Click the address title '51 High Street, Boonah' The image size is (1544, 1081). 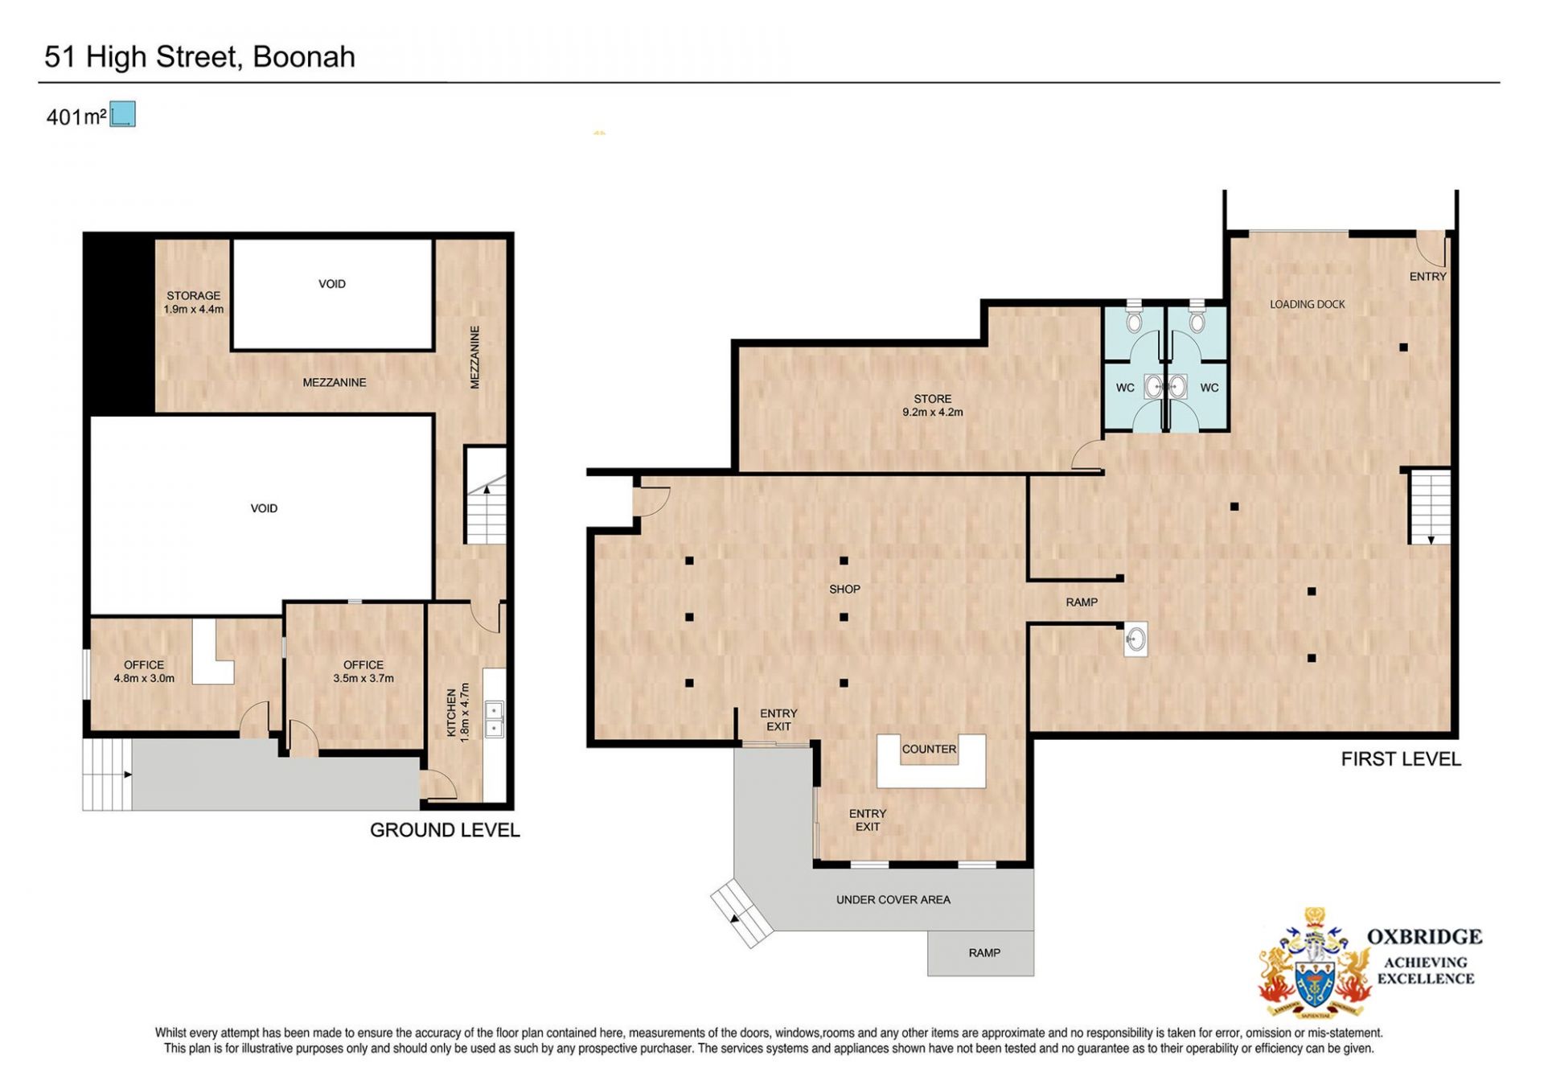[199, 57]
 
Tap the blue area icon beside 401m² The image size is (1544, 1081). [123, 114]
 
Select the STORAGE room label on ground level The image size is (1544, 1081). [194, 302]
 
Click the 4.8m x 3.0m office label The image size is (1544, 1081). [144, 672]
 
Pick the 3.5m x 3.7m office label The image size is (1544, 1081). [363, 672]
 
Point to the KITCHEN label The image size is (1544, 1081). [458, 713]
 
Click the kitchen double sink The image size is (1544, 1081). [494, 719]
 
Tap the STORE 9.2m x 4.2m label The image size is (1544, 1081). [933, 405]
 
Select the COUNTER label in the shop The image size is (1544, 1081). [929, 749]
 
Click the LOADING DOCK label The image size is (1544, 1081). [1308, 304]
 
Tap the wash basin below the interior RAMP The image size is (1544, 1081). [1135, 640]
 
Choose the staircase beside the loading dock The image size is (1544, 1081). [1431, 507]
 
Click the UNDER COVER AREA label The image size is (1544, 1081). [893, 900]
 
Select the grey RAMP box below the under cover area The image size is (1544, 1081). [980, 954]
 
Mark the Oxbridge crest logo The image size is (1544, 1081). [1315, 963]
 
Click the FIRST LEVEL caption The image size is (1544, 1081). [1401, 759]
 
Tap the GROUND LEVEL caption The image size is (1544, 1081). [445, 830]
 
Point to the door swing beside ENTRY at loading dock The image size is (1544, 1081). [1431, 249]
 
